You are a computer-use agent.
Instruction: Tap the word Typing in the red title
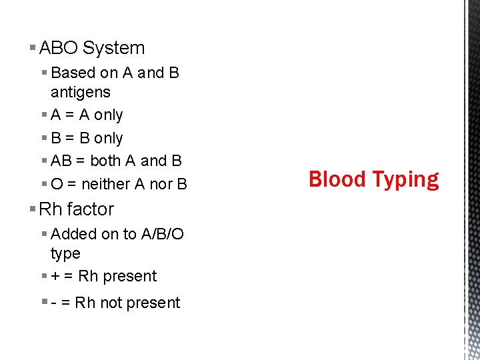(405, 181)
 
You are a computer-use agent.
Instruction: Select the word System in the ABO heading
(113, 48)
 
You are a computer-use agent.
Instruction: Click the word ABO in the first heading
(59, 48)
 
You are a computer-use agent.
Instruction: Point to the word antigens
(80, 92)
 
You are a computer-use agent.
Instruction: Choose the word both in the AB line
(105, 161)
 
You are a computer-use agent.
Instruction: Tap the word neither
(105, 184)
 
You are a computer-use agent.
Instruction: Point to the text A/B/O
(163, 234)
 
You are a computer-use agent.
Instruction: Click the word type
(65, 254)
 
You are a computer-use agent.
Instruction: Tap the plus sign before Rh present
(55, 277)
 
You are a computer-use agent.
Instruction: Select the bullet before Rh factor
(33, 209)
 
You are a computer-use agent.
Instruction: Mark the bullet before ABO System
(33, 48)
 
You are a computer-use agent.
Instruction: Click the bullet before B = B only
(44, 138)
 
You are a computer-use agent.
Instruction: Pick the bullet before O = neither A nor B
(44, 184)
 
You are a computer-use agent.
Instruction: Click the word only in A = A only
(108, 115)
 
